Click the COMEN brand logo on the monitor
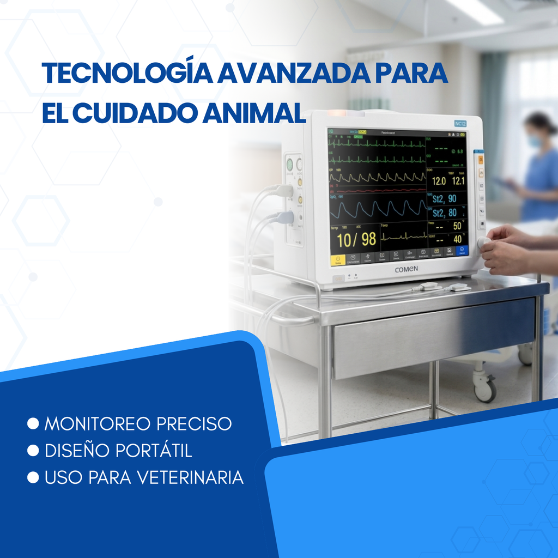[406, 269]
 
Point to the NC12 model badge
[460, 124]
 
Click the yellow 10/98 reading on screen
[356, 239]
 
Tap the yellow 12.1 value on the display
[458, 181]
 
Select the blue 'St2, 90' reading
[445, 199]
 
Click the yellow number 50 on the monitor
[457, 226]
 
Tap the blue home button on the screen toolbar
[462, 252]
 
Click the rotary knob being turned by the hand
[483, 242]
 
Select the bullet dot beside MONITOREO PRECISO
[33, 423]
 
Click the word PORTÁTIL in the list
[154, 451]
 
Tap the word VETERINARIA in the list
[190, 477]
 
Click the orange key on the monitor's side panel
[481, 160]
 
